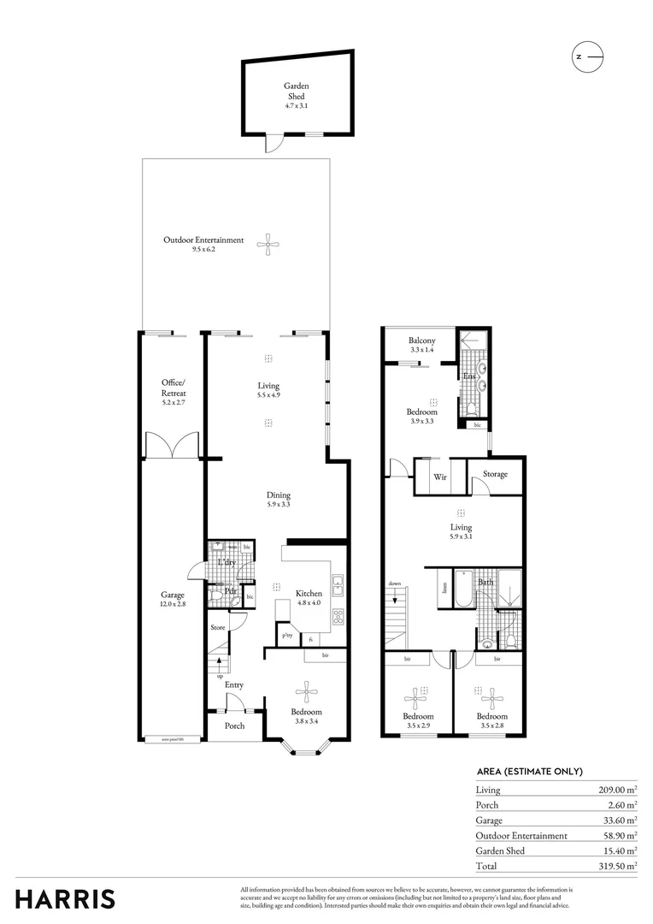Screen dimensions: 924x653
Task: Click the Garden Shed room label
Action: [296, 91]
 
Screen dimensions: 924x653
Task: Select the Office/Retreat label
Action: [173, 388]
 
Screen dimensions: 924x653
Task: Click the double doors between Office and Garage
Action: [172, 446]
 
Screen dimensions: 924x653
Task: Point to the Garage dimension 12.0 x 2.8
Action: [174, 605]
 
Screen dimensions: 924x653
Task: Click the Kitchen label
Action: [309, 593]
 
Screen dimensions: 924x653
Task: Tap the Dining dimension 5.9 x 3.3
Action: [278, 506]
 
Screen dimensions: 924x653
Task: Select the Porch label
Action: [234, 726]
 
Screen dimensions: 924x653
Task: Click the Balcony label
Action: [421, 341]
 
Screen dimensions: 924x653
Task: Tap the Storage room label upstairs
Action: [495, 474]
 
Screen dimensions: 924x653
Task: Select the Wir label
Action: [441, 476]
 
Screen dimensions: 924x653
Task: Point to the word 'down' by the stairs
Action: [395, 583]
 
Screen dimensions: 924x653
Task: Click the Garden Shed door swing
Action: [272, 145]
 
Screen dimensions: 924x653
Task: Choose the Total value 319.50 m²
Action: [615, 866]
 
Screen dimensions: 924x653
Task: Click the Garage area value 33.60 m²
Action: [618, 820]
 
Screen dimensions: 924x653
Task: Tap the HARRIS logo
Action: [65, 898]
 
